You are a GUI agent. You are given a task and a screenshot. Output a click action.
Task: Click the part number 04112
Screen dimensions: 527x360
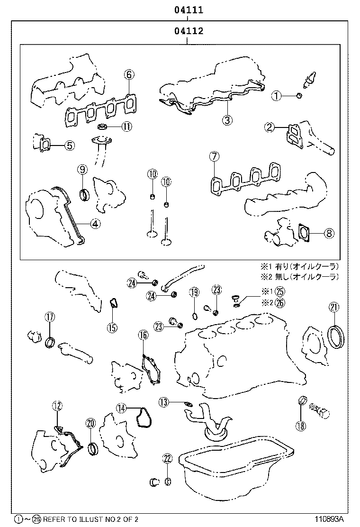(188, 32)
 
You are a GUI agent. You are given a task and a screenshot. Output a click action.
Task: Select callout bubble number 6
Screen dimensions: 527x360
(129, 74)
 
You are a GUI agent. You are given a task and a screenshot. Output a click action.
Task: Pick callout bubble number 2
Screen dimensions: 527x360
(270, 127)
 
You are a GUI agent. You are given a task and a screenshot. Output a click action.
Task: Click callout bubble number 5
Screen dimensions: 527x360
(70, 145)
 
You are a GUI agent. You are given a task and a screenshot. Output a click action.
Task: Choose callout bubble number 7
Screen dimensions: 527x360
(214, 156)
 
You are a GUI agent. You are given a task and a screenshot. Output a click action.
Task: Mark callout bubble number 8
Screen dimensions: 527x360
(329, 233)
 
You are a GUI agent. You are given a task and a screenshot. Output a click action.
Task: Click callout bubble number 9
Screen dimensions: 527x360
(82, 169)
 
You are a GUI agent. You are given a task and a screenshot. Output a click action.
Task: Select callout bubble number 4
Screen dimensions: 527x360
(95, 224)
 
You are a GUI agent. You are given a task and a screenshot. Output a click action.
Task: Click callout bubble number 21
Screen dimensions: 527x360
(334, 308)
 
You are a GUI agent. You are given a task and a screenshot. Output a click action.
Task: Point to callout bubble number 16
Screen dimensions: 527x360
(143, 336)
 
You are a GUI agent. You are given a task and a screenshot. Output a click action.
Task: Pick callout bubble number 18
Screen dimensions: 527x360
(300, 426)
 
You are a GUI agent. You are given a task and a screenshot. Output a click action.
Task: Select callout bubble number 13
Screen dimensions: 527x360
(163, 402)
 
